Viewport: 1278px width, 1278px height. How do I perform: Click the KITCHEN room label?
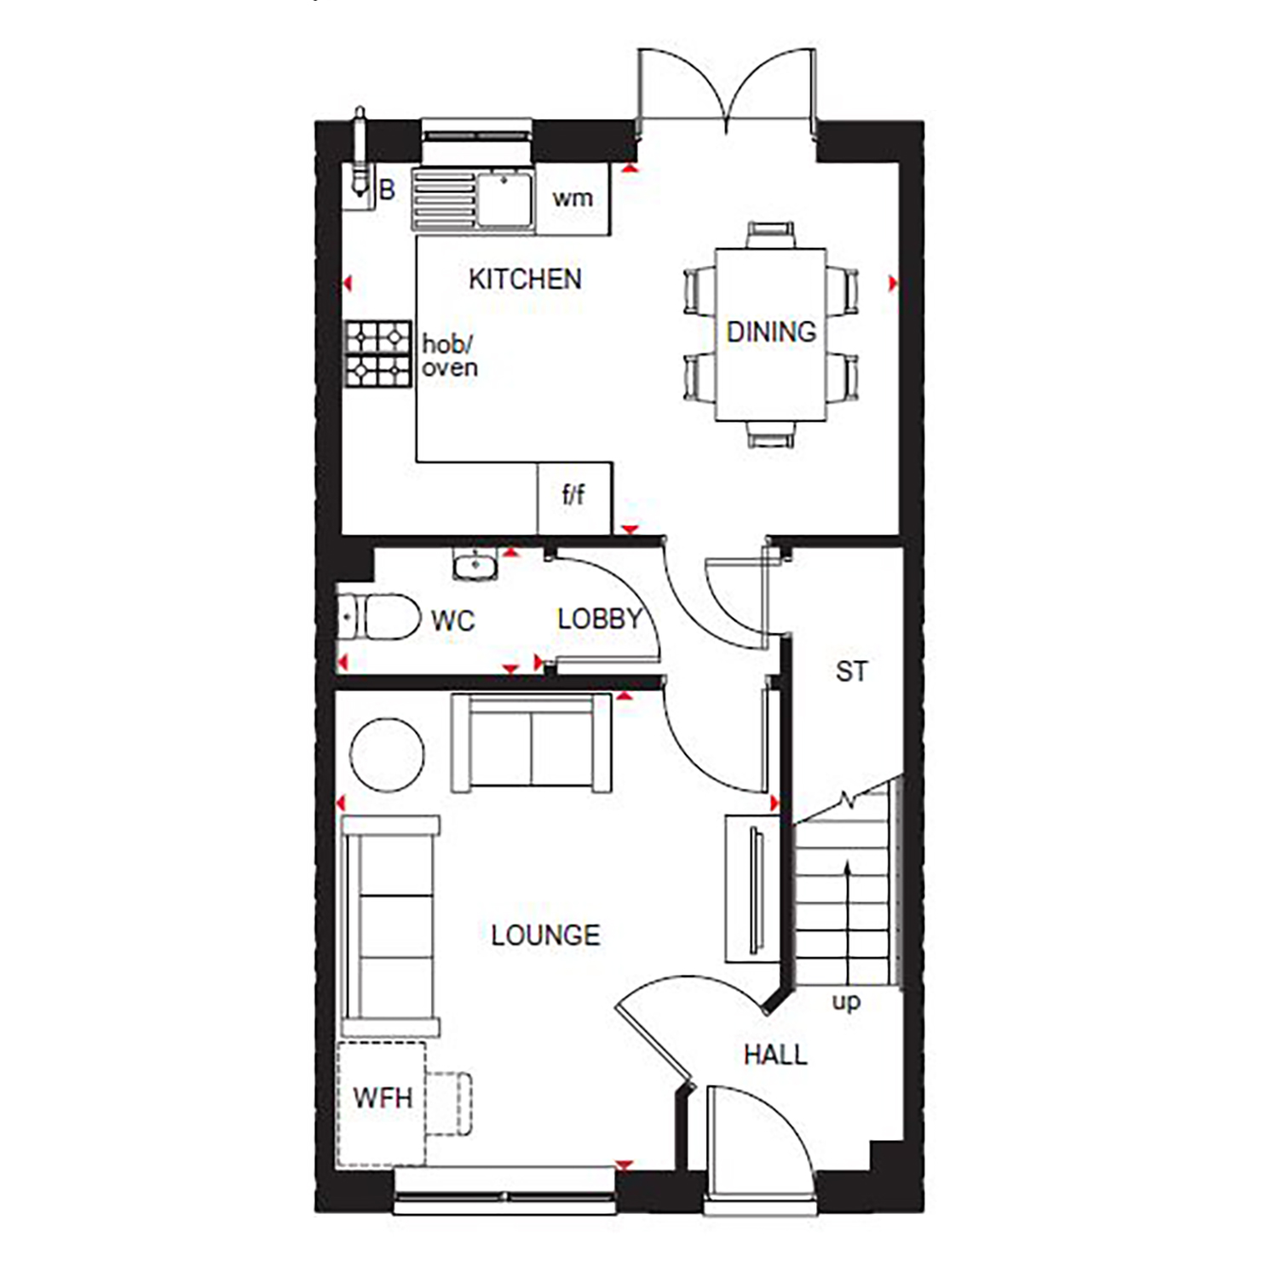coord(525,279)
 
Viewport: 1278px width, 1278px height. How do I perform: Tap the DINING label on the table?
coord(771,331)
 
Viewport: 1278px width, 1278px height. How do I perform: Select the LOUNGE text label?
coord(545,935)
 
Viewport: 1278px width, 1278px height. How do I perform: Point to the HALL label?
coord(775,1055)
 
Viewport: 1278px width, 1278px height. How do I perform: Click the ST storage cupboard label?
coord(851,671)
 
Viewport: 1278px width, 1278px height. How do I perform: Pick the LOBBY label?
coord(600,619)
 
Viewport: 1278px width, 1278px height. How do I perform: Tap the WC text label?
coord(452,620)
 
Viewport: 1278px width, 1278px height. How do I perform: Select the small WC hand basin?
coord(475,564)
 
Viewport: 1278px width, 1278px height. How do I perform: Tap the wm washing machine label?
coord(572,198)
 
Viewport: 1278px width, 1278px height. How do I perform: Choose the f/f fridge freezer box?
coord(574,498)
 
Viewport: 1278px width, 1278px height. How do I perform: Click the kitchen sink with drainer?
coord(473,199)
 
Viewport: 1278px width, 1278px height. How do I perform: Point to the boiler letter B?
coord(387,190)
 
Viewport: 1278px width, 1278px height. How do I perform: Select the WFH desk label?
coord(383,1097)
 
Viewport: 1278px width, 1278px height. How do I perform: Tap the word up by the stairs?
coord(846,1002)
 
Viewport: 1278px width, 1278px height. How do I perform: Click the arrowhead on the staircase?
coord(847,867)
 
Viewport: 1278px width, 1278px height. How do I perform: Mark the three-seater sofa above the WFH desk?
coord(390,926)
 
